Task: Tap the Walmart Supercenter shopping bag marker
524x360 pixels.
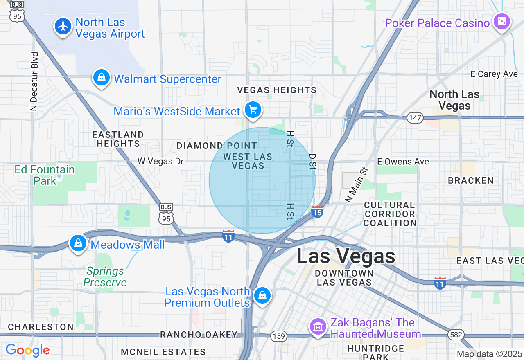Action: (101, 77)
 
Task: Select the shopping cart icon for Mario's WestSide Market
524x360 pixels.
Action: (253, 110)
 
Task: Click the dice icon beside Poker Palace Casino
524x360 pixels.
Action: (501, 22)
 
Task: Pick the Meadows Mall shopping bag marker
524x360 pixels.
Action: (78, 243)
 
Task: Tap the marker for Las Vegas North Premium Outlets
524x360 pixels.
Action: (262, 295)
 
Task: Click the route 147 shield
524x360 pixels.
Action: (415, 118)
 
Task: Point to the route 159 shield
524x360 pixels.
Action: (278, 336)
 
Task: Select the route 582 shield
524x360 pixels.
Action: (456, 335)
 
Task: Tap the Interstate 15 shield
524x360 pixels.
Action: (317, 212)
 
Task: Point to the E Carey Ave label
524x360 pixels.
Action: (494, 74)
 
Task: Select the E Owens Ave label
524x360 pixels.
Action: (403, 162)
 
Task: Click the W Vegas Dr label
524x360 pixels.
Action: (160, 161)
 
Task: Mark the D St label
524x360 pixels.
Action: (313, 161)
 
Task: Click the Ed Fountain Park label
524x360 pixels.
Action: (45, 175)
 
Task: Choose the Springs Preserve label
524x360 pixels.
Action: (105, 277)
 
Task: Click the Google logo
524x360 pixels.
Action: (27, 350)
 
